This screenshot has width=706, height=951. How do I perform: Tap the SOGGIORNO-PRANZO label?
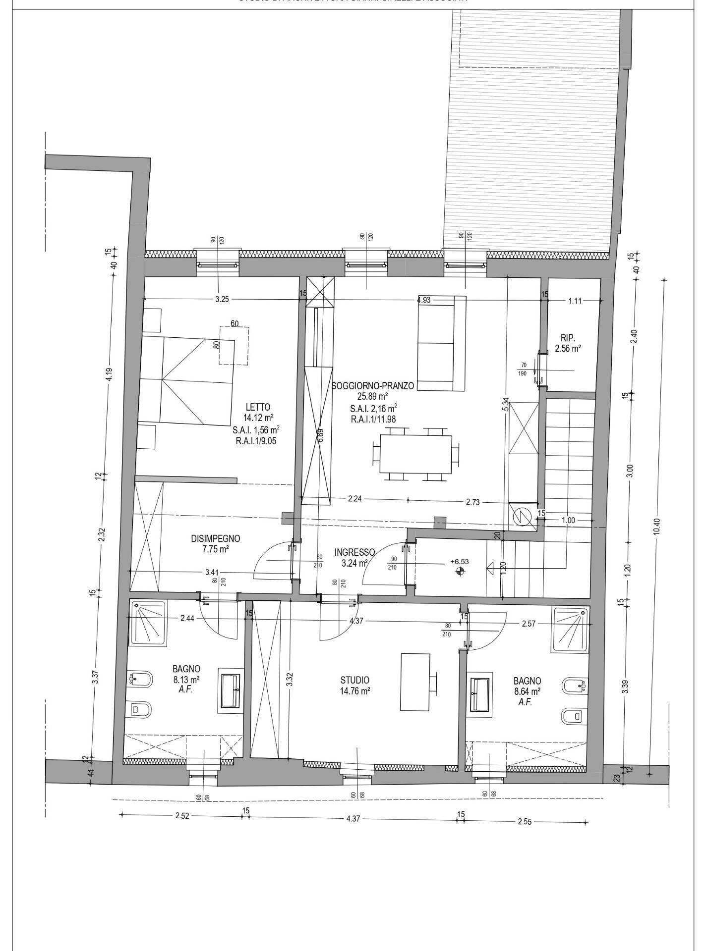372,385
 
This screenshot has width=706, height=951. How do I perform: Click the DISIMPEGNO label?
216,538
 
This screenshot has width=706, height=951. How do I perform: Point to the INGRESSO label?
354,552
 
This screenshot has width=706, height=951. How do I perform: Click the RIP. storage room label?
568,338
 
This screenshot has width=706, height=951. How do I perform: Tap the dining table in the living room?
415,453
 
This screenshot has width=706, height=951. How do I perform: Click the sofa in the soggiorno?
442,343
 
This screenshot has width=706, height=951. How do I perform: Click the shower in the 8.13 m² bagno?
148,623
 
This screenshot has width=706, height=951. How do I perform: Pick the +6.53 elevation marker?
459,562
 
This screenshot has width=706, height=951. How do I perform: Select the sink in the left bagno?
231,690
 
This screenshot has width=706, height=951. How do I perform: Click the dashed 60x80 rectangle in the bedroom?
235,346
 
